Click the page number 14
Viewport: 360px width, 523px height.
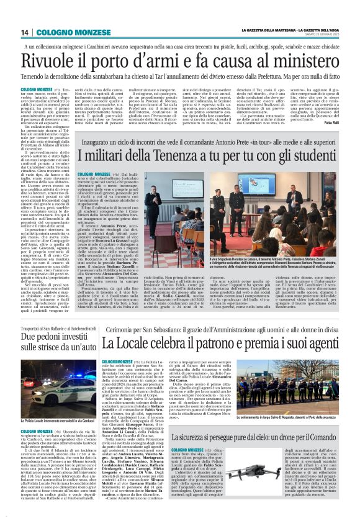pyautogui.click(x=25, y=32)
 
